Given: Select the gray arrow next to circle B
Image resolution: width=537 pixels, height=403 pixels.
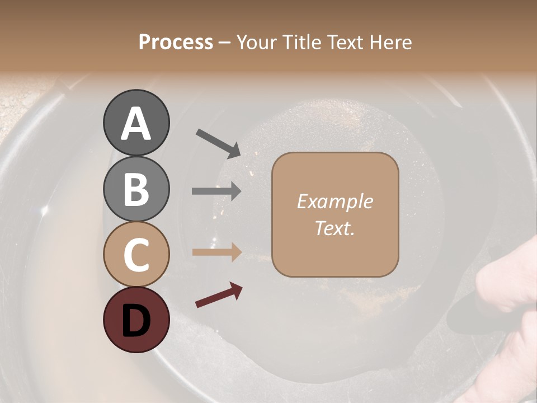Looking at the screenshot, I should (x=216, y=191).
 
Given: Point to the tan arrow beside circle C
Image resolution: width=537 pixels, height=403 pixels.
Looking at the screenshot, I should (x=216, y=252).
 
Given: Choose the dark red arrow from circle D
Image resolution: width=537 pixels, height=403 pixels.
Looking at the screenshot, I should (x=219, y=295).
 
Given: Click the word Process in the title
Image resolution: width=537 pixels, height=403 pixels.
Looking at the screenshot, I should (x=176, y=42).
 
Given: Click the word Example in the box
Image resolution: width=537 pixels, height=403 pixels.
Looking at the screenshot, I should (x=335, y=201).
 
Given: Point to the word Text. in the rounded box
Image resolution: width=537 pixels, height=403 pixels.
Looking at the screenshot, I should (x=335, y=228).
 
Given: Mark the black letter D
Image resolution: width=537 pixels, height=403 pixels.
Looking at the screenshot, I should (x=136, y=320).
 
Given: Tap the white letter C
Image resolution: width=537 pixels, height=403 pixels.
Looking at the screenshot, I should (x=136, y=255).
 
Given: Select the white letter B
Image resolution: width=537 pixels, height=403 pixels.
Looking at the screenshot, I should (x=136, y=189).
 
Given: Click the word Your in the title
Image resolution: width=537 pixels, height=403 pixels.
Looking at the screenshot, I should (x=257, y=42).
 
